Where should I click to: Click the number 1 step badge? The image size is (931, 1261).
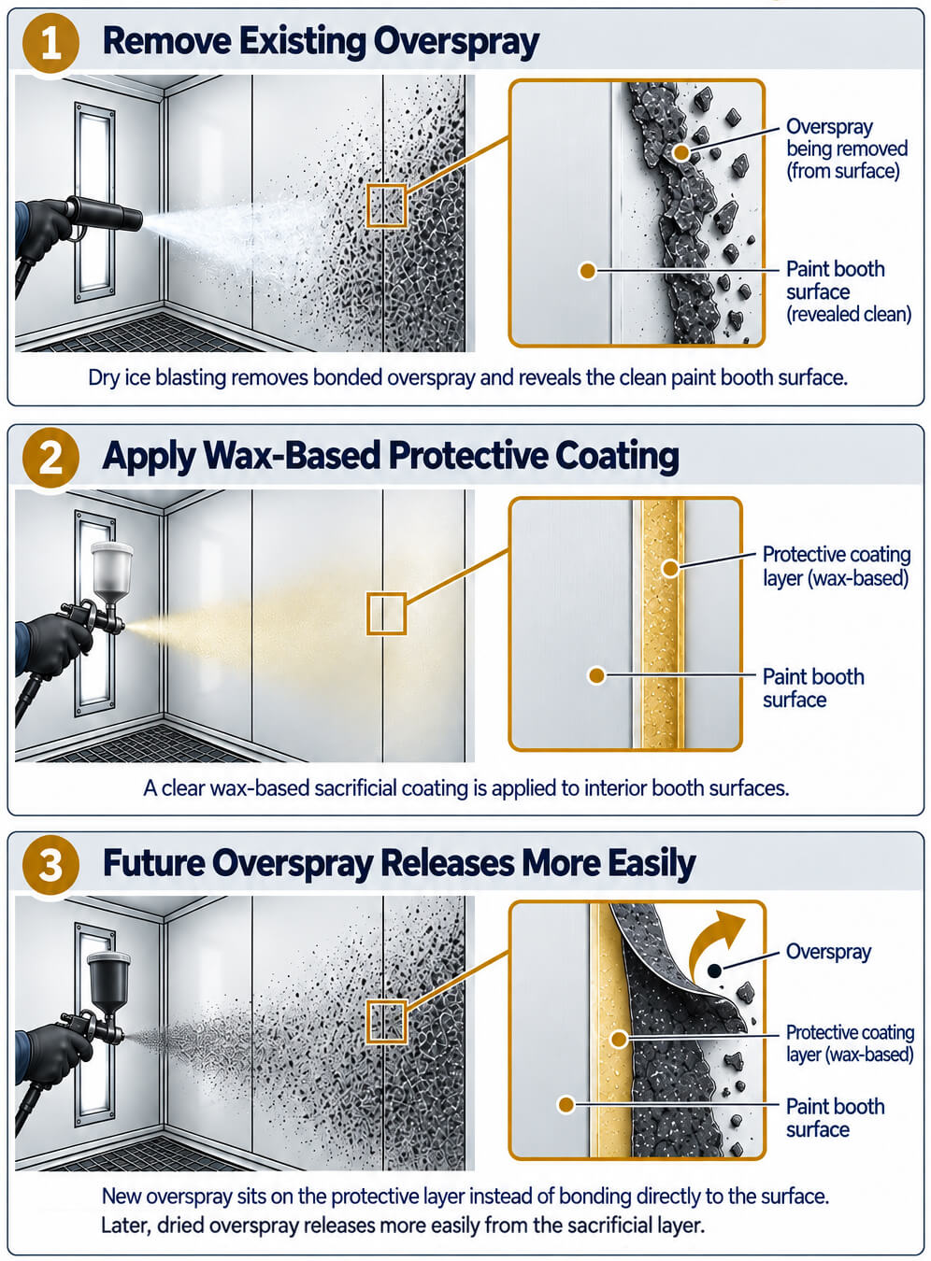point(50,43)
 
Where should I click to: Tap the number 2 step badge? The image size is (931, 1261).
point(50,458)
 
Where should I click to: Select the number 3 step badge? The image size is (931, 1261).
point(50,864)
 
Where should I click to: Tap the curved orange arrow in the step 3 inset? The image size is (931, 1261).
point(714,941)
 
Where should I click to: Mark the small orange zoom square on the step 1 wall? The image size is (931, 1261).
point(386,205)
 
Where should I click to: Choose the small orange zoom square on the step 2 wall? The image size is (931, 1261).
point(386,614)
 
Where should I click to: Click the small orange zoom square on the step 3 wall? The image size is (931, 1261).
point(386,1022)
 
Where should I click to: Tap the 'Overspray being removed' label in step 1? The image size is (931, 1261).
point(846,149)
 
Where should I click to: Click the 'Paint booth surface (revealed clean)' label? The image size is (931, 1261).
point(849,291)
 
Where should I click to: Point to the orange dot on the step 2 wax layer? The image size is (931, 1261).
point(670,568)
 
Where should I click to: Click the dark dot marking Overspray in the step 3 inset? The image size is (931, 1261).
point(714,971)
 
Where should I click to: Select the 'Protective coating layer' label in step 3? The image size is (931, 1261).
point(850,1043)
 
